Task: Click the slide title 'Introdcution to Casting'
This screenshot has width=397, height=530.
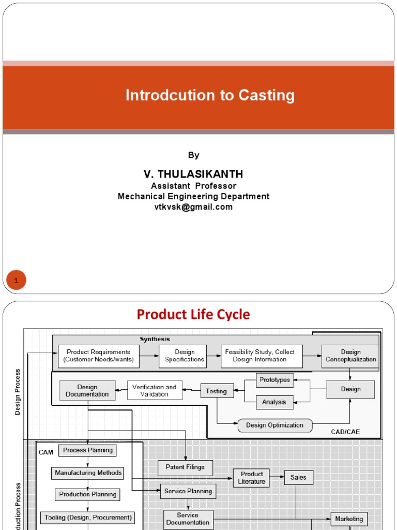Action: (210, 95)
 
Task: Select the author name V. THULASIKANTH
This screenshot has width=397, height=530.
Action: (193, 174)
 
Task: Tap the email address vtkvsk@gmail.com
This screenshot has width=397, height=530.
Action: (193, 207)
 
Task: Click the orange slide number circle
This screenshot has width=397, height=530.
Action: (16, 281)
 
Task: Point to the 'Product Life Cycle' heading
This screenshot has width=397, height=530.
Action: (193, 314)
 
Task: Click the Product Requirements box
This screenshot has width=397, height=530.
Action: (98, 356)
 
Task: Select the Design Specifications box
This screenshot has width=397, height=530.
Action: (185, 356)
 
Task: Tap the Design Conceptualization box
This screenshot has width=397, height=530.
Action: (350, 356)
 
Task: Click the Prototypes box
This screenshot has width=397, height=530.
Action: (274, 380)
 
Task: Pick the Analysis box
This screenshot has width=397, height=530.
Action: (274, 402)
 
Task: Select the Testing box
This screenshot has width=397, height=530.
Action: (217, 391)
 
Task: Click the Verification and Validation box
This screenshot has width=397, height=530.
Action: (155, 391)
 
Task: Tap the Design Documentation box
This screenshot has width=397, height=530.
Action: (87, 391)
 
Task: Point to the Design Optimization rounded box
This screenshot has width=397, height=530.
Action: (274, 425)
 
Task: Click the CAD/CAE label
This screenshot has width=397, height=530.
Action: (345, 431)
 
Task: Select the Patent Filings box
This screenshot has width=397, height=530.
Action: (185, 467)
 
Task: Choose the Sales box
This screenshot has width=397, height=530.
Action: (298, 478)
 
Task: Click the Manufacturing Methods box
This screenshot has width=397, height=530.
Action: (88, 473)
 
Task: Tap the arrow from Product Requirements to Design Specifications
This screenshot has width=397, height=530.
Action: (149, 356)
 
